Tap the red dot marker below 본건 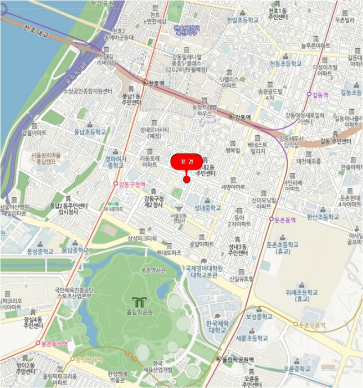pyautogui.click(x=187, y=179)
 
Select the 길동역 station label pyautogui.click(x=320, y=94)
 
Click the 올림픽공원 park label pyautogui.click(x=140, y=312)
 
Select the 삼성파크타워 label pyautogui.click(x=142, y=238)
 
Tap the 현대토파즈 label pyautogui.click(x=169, y=252)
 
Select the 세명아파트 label pyautogui.click(x=233, y=187)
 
